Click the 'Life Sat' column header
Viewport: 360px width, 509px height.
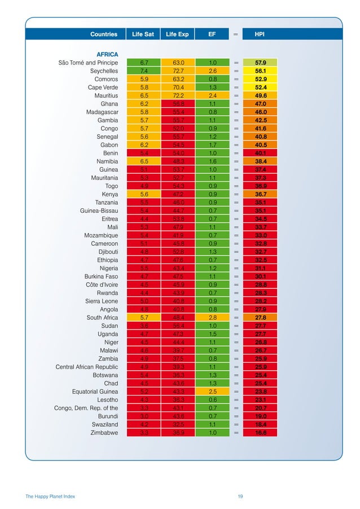tap(143, 34)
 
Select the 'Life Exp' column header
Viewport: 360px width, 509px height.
tap(177, 34)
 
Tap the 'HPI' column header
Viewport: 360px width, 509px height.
tap(260, 34)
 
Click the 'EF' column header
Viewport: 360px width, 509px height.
tap(212, 34)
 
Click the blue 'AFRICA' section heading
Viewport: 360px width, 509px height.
tap(107, 54)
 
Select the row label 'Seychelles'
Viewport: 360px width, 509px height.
tap(104, 71)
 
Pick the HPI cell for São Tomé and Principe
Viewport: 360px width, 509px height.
tap(260, 63)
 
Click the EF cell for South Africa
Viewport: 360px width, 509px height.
tap(212, 317)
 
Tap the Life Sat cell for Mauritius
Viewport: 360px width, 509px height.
tap(143, 96)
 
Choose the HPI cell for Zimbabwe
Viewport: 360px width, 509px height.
tap(260, 432)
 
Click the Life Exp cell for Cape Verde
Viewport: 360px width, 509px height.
tap(178, 87)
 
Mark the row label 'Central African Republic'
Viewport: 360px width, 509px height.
tap(87, 367)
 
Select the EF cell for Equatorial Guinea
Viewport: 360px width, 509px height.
tap(212, 391)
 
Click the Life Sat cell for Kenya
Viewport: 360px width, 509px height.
tap(143, 194)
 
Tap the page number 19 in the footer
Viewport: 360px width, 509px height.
tap(240, 496)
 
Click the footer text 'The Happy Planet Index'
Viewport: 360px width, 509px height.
tap(50, 496)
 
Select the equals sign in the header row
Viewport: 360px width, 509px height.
tap(236, 34)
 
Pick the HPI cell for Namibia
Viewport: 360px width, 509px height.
tap(260, 161)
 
